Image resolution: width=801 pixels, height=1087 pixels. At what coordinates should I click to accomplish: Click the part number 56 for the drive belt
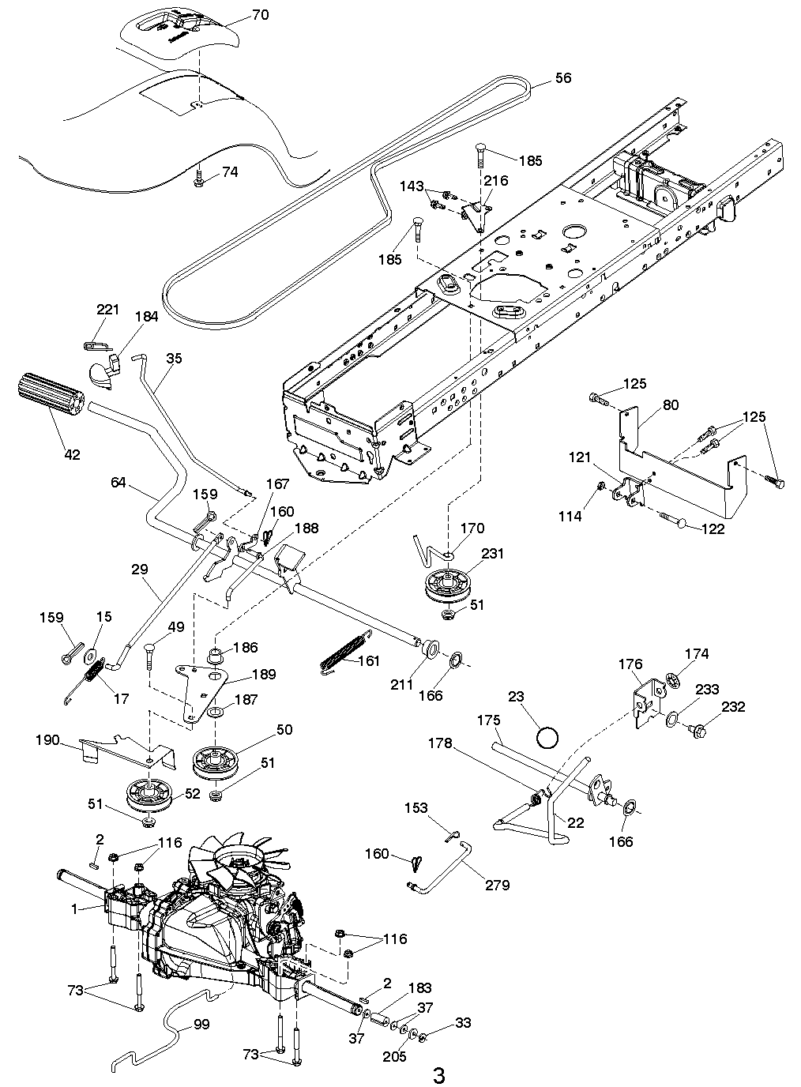(563, 78)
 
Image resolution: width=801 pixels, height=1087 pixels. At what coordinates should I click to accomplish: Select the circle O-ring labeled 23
(547, 738)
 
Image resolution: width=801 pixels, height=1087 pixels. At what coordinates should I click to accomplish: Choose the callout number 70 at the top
(260, 15)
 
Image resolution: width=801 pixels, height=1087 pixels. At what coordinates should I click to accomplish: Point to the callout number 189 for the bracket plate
(265, 674)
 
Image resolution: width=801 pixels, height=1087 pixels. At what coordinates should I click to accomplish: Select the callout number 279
(498, 885)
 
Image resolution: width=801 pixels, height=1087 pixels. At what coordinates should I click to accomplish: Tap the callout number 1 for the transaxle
(74, 910)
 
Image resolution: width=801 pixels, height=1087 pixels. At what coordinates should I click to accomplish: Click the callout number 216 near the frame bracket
(496, 181)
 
